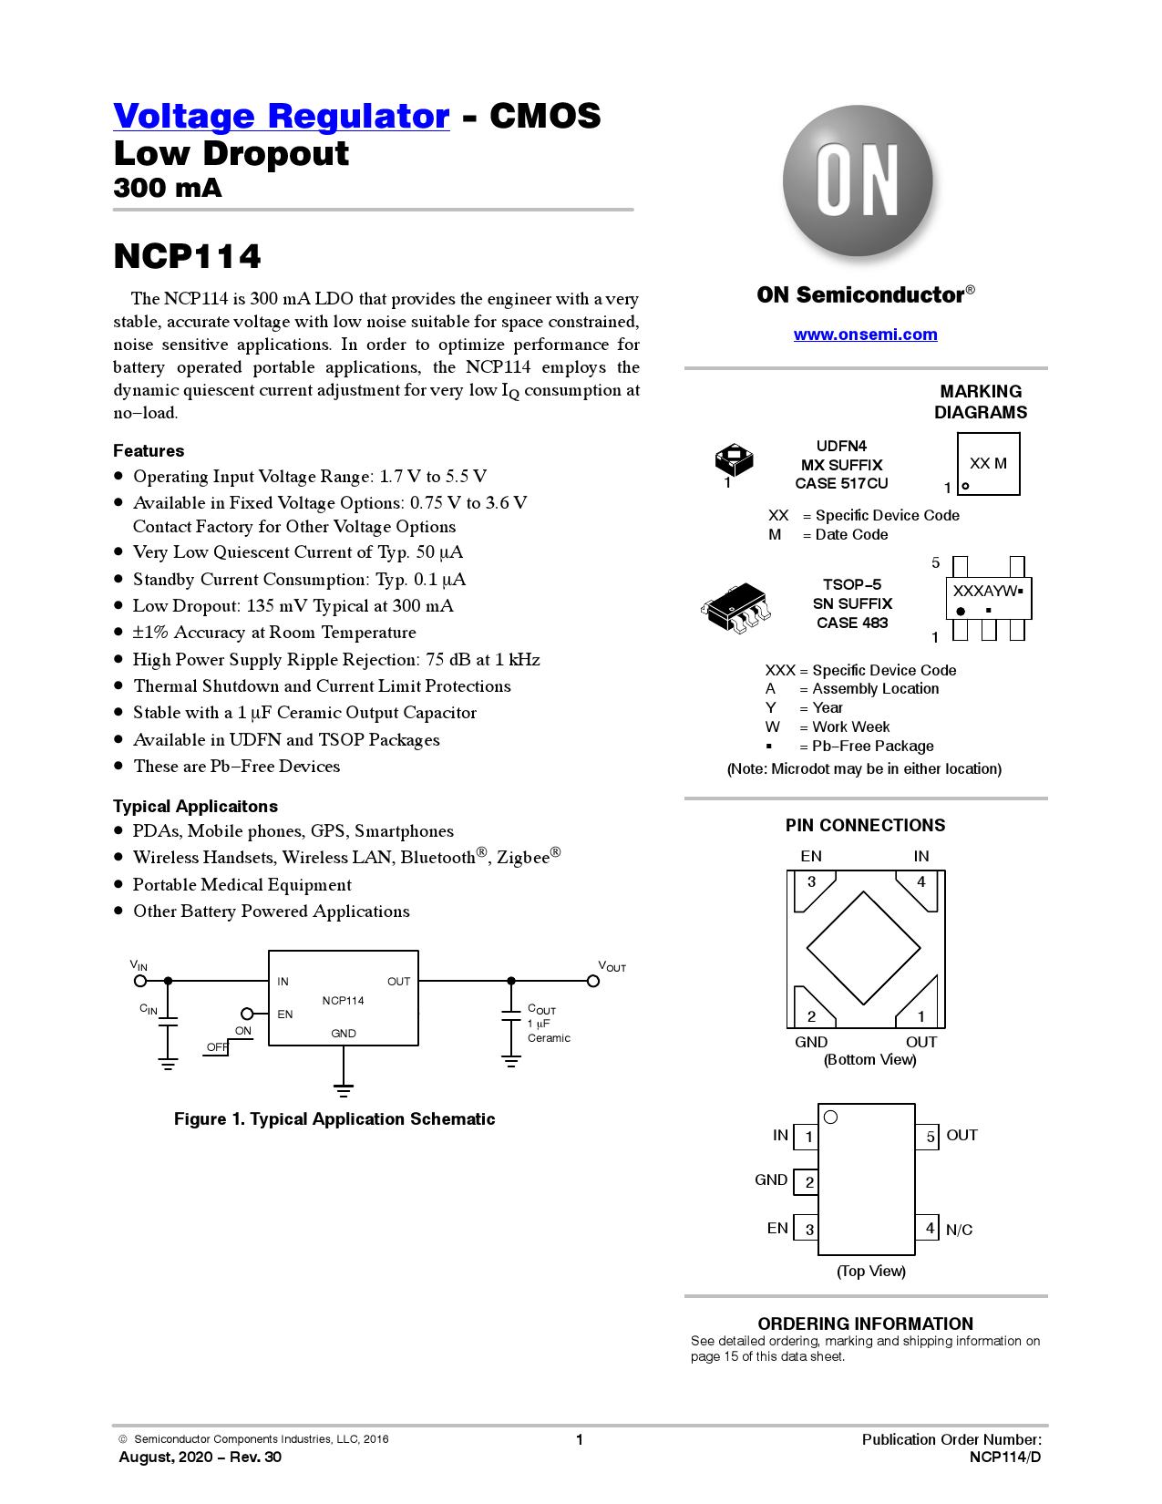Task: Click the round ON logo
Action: tap(858, 180)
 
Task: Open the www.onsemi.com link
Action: tap(865, 335)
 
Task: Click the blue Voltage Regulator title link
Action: tap(282, 116)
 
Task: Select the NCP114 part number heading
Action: tap(187, 256)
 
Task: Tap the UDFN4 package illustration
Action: tap(734, 459)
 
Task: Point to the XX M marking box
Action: tap(988, 463)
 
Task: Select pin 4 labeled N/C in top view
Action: tap(928, 1227)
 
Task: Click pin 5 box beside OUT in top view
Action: tap(928, 1137)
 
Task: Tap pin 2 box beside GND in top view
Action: tap(807, 1182)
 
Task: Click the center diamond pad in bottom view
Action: tap(863, 948)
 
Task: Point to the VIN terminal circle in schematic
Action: tap(140, 981)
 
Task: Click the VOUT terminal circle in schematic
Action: tap(593, 981)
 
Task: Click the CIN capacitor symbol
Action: tap(169, 1021)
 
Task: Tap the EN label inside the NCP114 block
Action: tap(285, 1014)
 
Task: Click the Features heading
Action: tap(149, 450)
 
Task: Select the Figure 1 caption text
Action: tap(334, 1118)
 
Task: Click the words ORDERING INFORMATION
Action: tap(865, 1324)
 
